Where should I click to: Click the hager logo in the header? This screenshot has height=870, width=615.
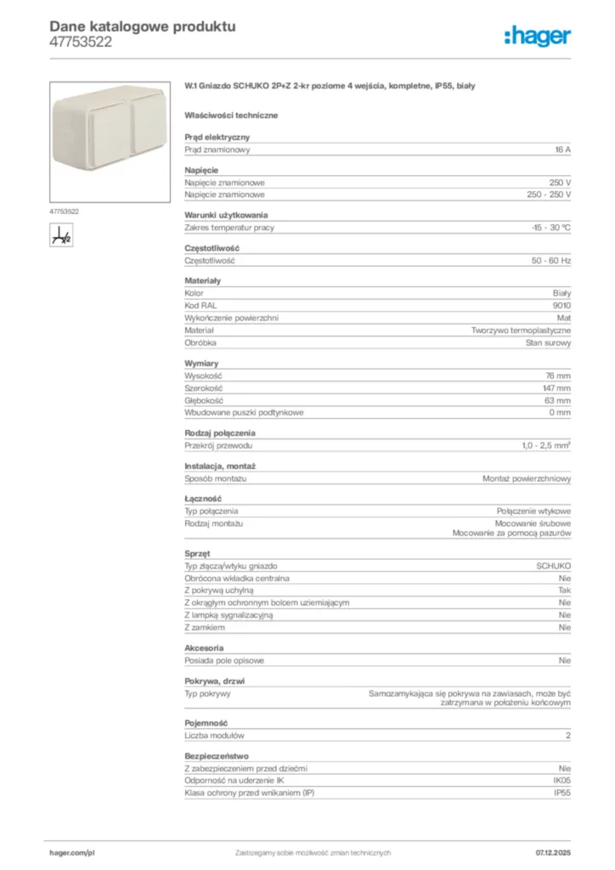[x=537, y=35]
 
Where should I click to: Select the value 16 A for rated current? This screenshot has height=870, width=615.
[x=562, y=150]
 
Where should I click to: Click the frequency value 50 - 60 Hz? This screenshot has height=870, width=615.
[x=551, y=261]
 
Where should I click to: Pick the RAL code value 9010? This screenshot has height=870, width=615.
[x=561, y=305]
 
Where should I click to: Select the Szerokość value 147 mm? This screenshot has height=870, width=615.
[x=556, y=387]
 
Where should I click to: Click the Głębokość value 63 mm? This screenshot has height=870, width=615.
[x=558, y=400]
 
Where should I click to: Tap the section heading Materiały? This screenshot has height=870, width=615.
[x=203, y=280]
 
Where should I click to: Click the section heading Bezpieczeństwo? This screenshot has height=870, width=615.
[x=217, y=755]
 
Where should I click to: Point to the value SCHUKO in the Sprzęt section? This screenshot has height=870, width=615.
[x=553, y=565]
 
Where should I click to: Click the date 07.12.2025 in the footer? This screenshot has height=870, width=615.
[x=553, y=852]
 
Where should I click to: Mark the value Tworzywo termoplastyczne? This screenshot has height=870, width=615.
[x=522, y=330]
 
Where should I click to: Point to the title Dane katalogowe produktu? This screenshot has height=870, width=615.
[x=143, y=26]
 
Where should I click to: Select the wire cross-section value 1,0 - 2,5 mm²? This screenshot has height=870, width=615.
[x=546, y=445]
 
